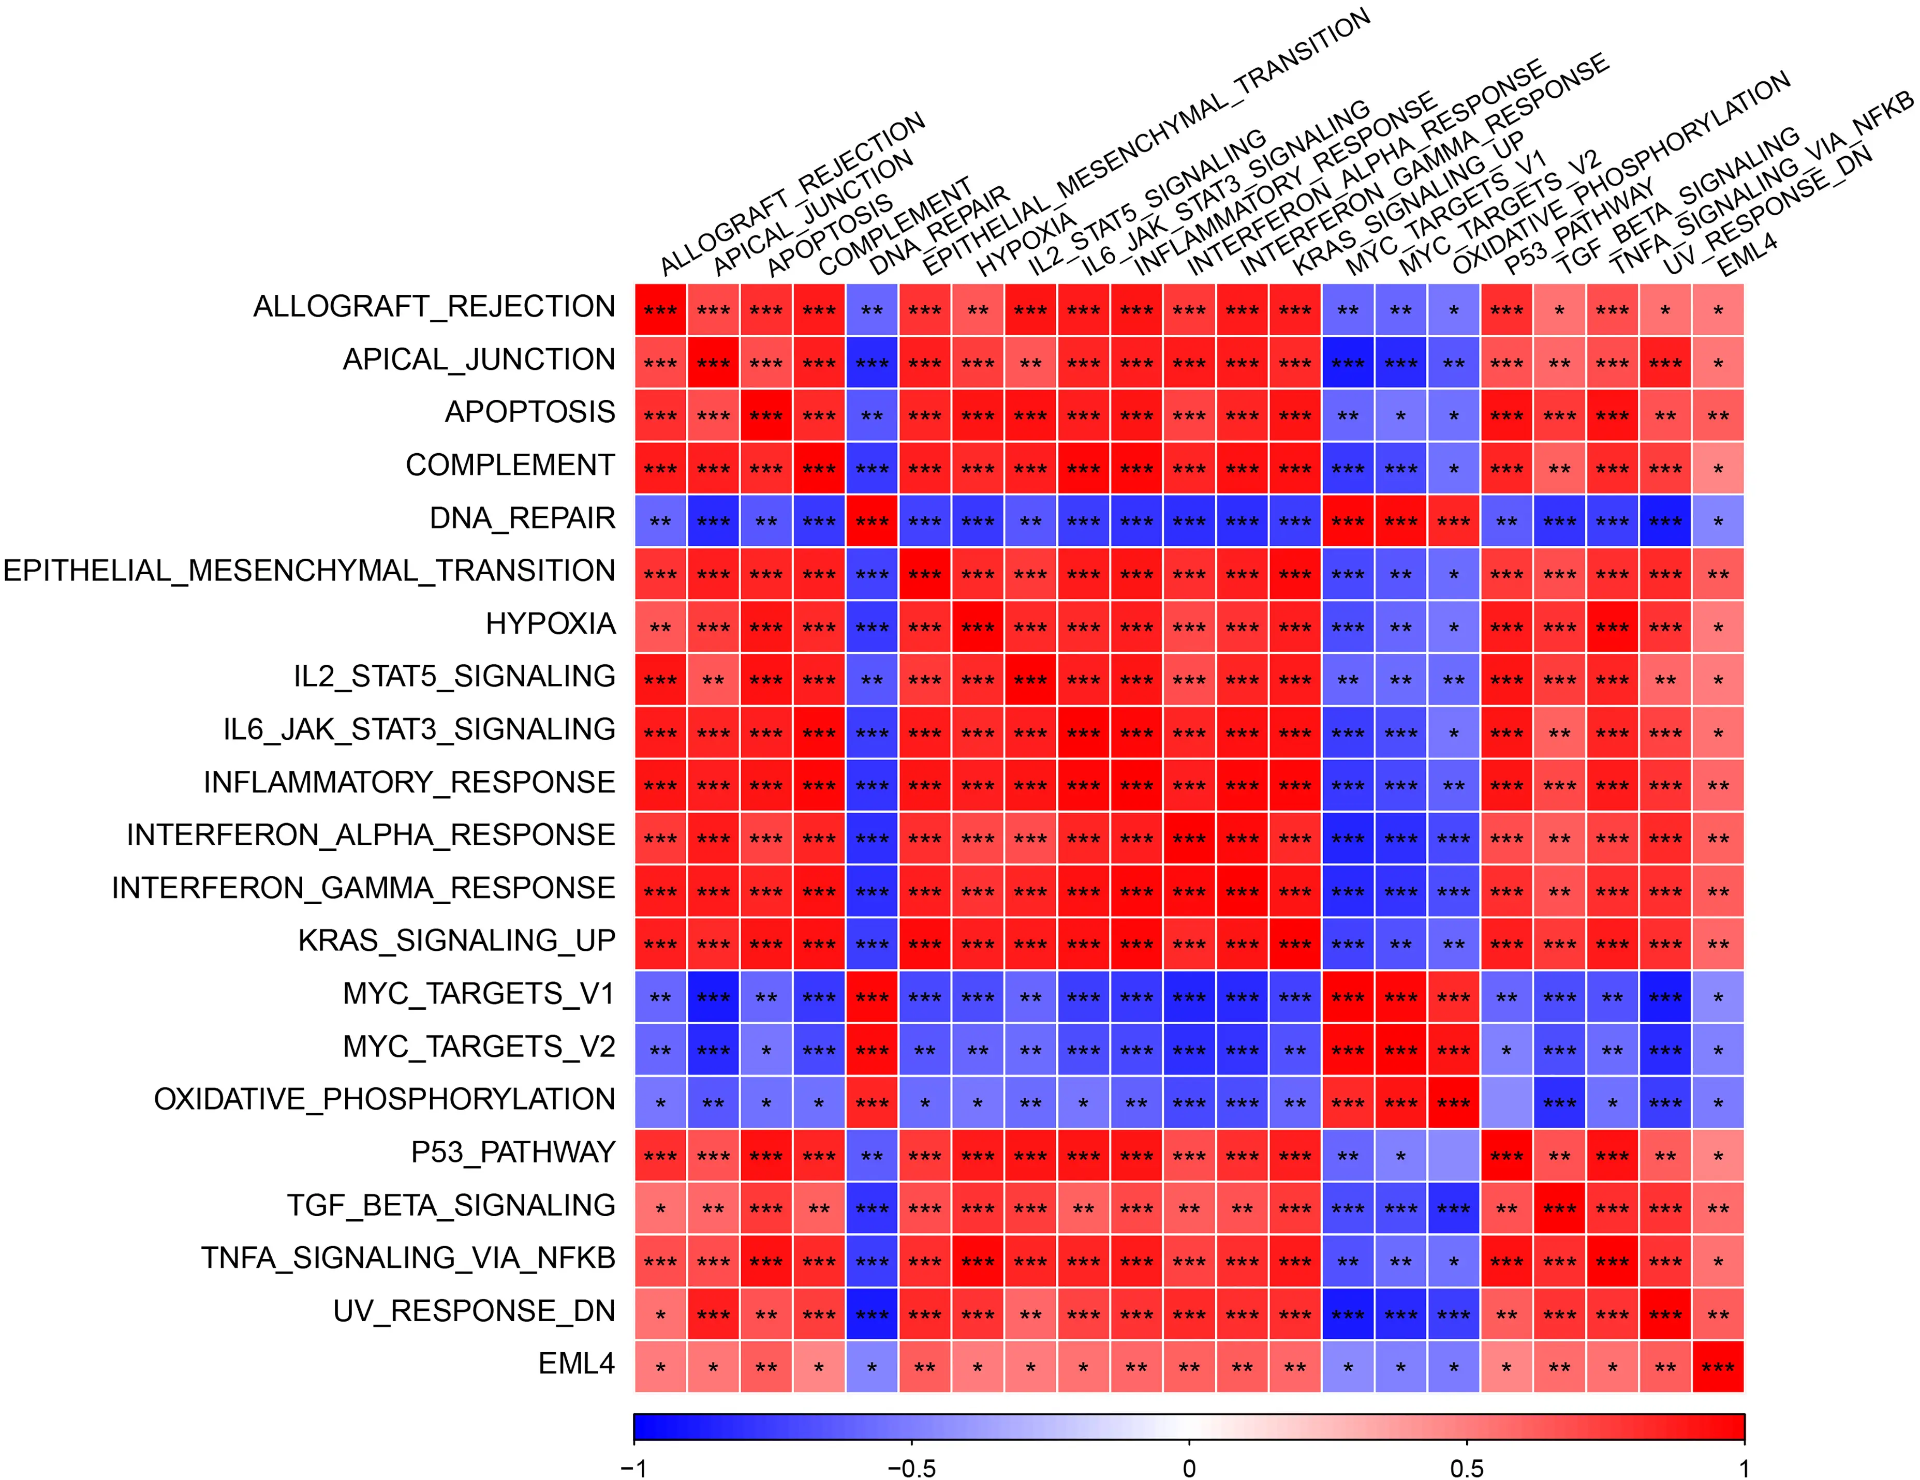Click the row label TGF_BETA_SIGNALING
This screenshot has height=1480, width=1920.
[x=450, y=1205]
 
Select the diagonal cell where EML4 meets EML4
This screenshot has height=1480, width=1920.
[x=1718, y=1367]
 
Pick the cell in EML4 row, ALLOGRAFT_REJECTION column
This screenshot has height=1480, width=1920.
[x=660, y=1367]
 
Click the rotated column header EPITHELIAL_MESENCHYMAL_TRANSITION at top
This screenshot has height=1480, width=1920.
[x=1143, y=141]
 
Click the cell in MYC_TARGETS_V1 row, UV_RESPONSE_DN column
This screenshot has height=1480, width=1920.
[x=1665, y=997]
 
